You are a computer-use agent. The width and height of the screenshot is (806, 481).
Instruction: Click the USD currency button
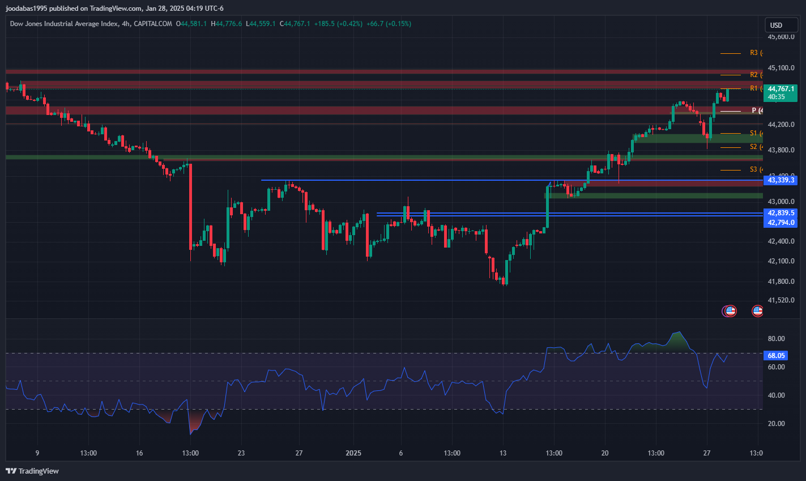tap(781, 25)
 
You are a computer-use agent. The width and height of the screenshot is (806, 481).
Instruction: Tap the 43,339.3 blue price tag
tap(781, 180)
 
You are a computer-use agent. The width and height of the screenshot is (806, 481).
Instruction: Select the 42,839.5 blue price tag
tap(781, 213)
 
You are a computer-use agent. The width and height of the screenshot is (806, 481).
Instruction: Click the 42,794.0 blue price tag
tap(781, 223)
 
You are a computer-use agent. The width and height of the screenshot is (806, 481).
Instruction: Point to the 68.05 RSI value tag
tap(776, 356)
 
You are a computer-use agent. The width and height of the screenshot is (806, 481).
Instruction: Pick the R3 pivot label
tap(754, 53)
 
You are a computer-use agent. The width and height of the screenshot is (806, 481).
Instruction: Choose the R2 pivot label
tap(754, 75)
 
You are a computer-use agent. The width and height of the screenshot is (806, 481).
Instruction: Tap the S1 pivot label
tap(754, 133)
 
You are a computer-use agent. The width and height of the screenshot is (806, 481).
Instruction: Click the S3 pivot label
tap(754, 169)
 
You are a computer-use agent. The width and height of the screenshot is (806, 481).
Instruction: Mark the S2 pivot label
tap(754, 147)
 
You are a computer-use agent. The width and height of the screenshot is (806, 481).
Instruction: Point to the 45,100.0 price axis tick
tap(781, 68)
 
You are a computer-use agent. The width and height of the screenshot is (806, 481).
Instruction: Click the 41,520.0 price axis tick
tap(781, 300)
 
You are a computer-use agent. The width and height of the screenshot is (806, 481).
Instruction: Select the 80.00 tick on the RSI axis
tap(776, 339)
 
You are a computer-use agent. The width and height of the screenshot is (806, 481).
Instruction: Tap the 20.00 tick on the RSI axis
tap(776, 424)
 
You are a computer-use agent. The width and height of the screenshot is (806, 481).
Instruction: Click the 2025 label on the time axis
tap(353, 453)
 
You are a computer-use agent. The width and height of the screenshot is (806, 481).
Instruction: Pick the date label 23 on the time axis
tap(241, 453)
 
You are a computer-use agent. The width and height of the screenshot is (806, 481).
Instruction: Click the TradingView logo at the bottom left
tap(32, 471)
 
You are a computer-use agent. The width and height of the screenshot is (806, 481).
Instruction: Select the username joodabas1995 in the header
tap(26, 8)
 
